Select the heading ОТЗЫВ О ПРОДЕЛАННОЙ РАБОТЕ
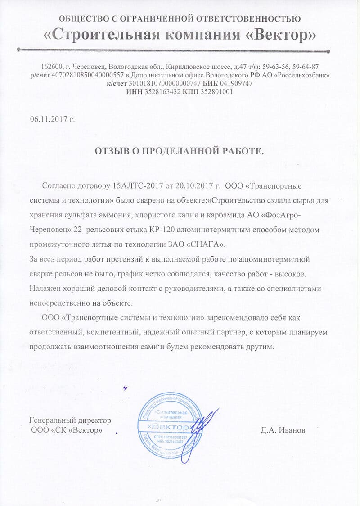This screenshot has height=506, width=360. (180, 151)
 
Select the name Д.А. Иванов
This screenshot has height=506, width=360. (283, 430)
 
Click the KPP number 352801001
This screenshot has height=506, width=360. (214, 92)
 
